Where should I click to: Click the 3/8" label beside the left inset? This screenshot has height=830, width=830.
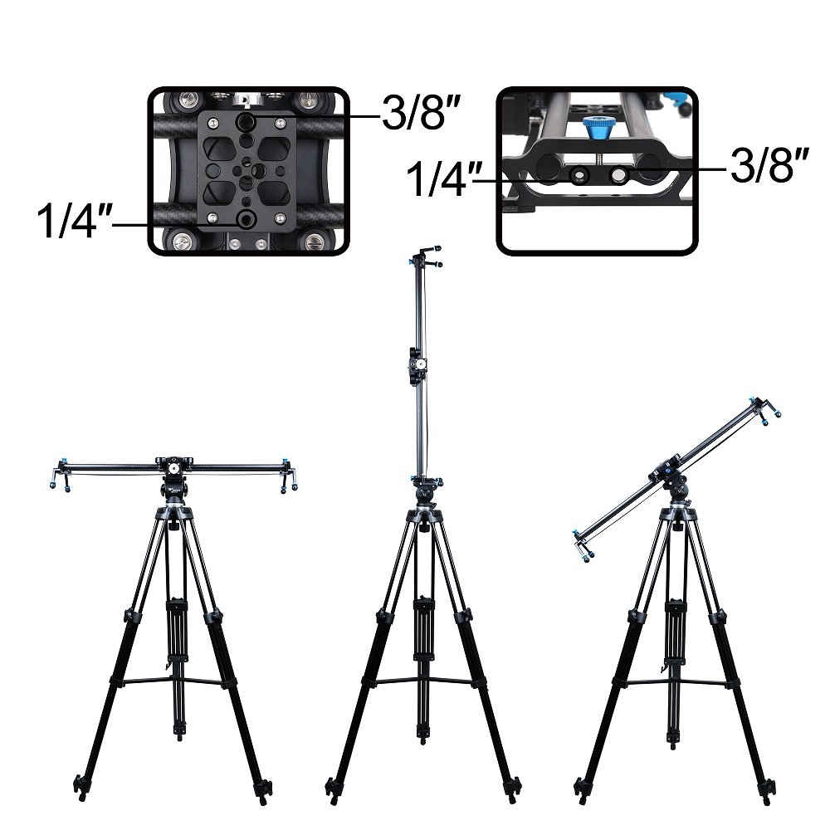click(x=419, y=114)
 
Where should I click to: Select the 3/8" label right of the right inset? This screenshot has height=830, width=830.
click(x=769, y=165)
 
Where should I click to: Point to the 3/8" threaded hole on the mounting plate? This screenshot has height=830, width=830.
click(x=247, y=122)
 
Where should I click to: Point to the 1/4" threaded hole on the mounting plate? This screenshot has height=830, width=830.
click(x=245, y=218)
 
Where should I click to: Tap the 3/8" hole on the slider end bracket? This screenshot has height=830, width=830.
click(x=618, y=174)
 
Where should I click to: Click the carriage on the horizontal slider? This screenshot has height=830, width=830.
click(x=174, y=466)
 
